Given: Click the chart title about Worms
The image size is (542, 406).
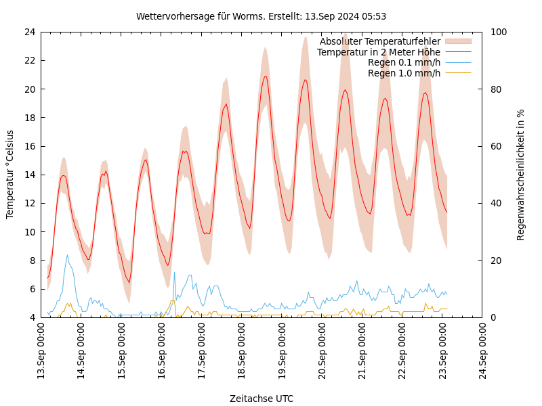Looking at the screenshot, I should tap(261, 16).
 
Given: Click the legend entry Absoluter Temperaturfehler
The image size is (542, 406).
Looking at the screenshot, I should tap(379, 41).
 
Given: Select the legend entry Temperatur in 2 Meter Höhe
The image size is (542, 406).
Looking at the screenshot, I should tap(378, 52).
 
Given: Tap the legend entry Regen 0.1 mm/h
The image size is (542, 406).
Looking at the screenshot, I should tap(404, 62).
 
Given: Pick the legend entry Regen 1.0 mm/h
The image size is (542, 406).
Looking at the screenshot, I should tap(404, 73).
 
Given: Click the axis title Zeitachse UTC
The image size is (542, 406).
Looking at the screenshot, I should tap(261, 399).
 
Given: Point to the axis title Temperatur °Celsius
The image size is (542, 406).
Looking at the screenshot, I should tap(10, 174).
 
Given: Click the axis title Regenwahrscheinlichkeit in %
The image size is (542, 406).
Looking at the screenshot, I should tap(521, 174).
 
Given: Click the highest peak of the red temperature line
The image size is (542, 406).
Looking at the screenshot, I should tap(266, 76).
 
